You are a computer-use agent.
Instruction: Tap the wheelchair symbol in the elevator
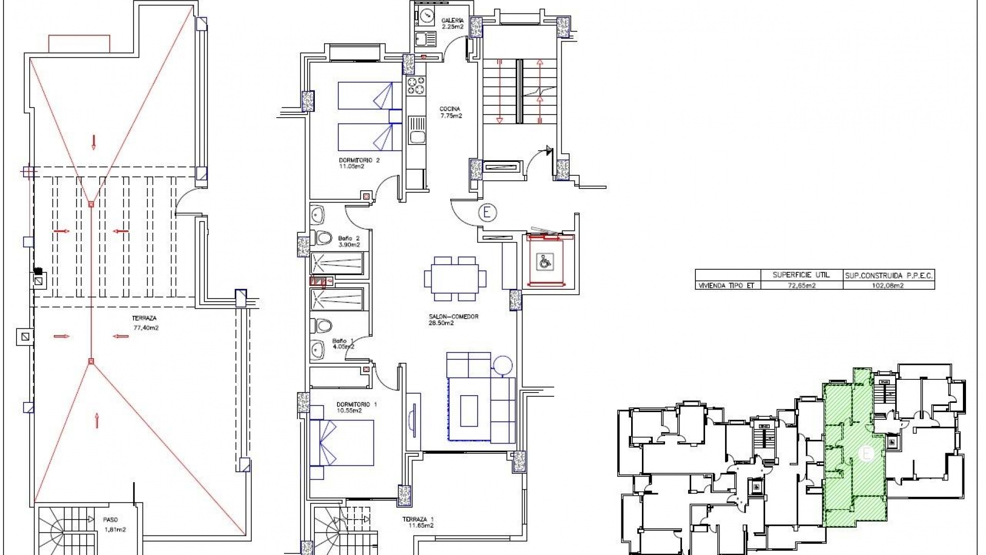coord(543,262)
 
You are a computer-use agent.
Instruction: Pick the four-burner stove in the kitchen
coord(416,85)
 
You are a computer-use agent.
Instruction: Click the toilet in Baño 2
coord(322,238)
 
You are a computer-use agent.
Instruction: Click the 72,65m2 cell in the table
coord(801,285)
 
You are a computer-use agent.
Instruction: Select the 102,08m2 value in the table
coord(888,285)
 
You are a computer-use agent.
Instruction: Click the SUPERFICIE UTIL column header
coord(801,275)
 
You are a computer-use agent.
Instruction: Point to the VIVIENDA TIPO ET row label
coord(726,285)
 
